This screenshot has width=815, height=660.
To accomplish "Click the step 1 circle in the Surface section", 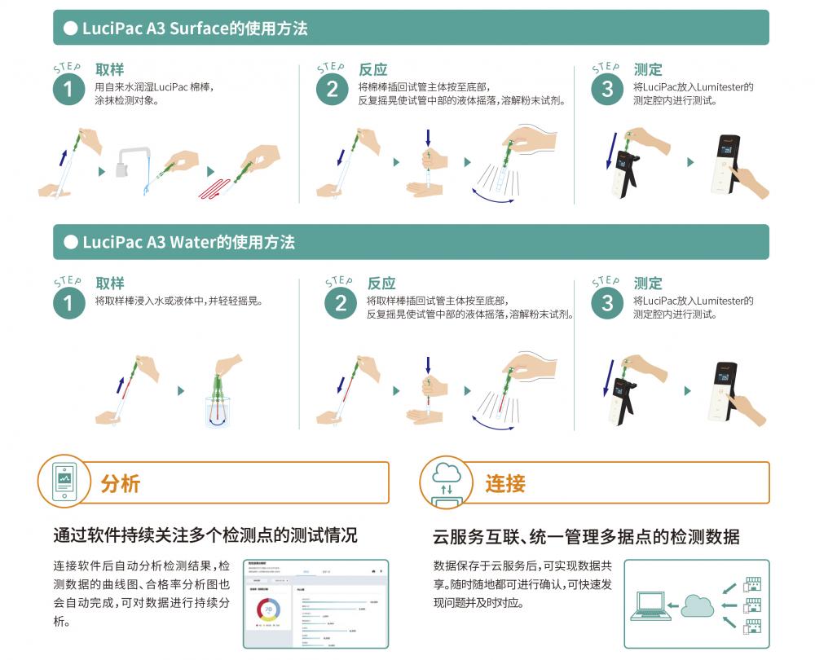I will click(x=68, y=90).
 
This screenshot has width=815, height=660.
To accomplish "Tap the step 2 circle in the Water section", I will click(x=341, y=304).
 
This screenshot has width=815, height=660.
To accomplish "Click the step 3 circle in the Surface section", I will click(x=606, y=90).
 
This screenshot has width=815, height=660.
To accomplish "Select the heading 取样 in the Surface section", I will click(x=109, y=70).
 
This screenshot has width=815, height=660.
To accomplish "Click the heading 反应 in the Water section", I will click(x=381, y=284).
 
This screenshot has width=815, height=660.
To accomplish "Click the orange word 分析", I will click(x=121, y=483).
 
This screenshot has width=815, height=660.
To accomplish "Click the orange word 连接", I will click(x=504, y=483).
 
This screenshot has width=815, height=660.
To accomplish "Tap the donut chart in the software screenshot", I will click(x=269, y=608).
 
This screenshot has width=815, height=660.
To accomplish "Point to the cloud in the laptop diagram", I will click(x=697, y=605).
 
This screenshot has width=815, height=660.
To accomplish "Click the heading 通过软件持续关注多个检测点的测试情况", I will click(x=205, y=536).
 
